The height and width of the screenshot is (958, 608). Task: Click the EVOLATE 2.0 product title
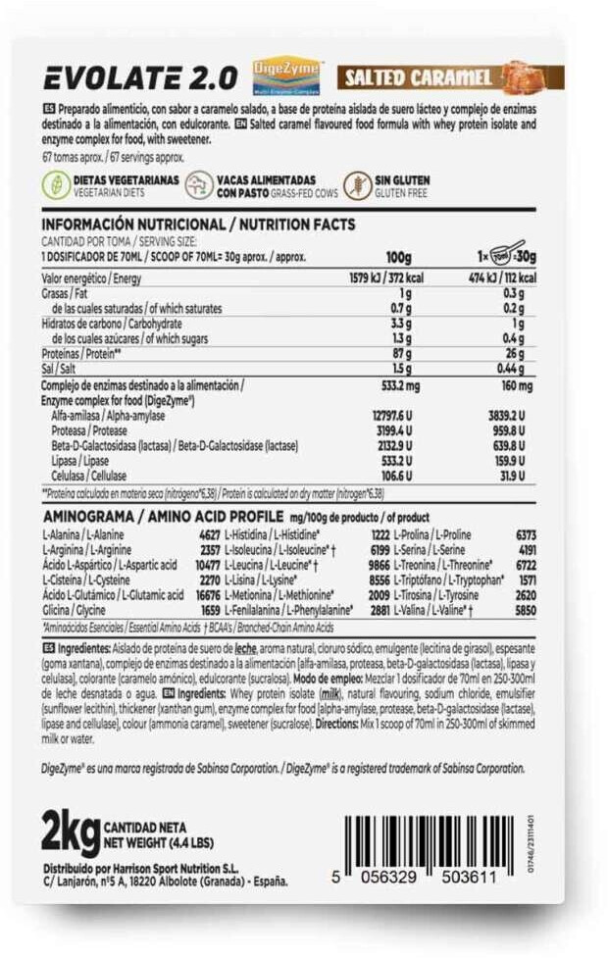[x=139, y=79]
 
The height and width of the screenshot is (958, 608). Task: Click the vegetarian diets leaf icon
[x=57, y=186]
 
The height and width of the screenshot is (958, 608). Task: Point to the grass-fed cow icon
[x=199, y=186]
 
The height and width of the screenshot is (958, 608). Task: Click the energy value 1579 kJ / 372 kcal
[x=379, y=277]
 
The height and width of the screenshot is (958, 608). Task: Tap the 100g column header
[x=398, y=257]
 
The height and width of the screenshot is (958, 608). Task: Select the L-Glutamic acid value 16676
[x=202, y=595]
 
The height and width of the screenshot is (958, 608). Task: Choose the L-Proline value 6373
[x=525, y=535]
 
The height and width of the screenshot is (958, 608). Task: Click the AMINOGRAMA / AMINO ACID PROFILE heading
[x=163, y=516]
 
